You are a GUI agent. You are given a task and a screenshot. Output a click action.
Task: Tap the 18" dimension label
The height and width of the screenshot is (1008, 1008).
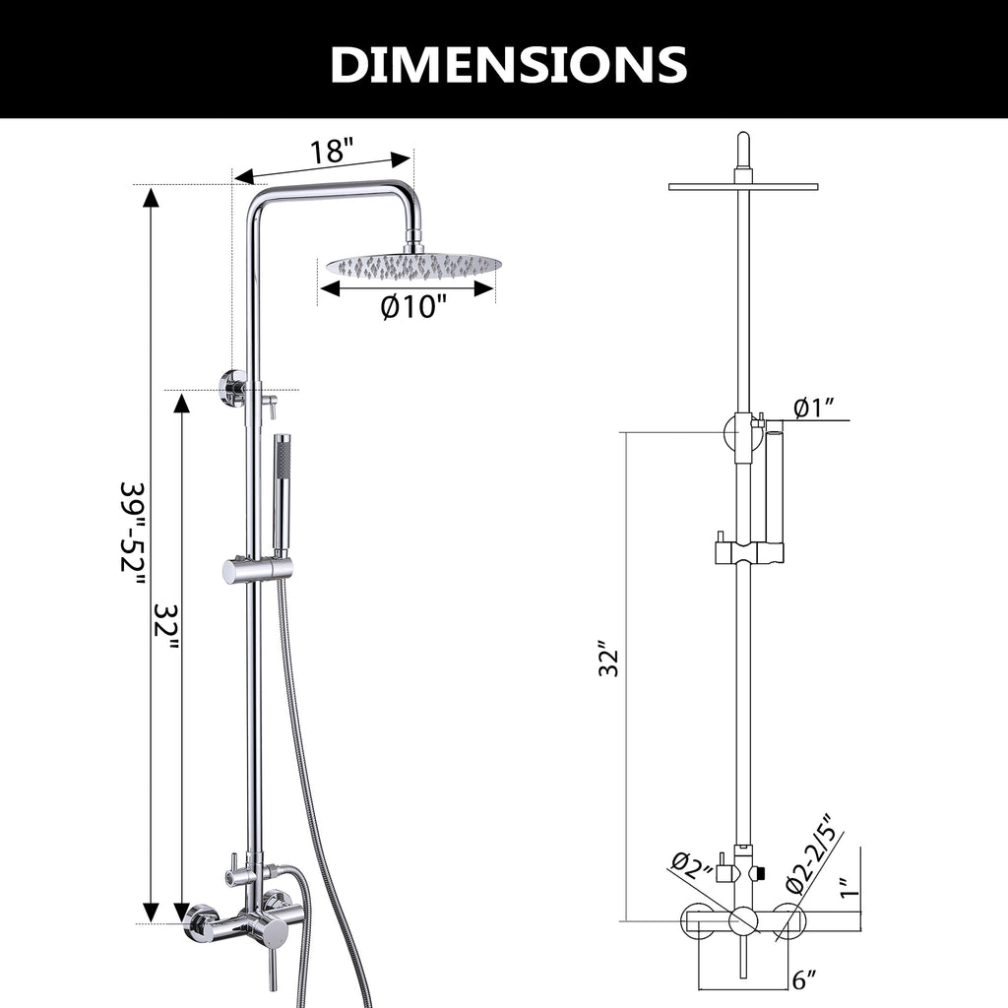point(331,153)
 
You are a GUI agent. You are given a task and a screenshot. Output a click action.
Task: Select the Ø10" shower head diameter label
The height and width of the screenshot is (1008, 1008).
point(413,308)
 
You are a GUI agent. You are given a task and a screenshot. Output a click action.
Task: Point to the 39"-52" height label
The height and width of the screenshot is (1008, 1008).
point(133,546)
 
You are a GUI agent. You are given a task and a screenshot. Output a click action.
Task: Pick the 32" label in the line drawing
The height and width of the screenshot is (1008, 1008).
point(610,659)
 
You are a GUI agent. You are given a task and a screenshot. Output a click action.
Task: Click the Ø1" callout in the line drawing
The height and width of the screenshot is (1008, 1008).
point(814,407)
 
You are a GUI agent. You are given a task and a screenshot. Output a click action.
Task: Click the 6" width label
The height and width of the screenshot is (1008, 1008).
point(804,979)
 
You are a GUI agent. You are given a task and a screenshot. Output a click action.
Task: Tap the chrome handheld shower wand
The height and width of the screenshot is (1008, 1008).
point(281,492)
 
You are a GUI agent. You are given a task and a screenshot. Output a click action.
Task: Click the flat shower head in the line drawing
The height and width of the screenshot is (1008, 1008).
point(742,186)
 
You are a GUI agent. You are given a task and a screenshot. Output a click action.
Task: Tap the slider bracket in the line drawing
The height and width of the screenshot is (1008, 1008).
point(747,550)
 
